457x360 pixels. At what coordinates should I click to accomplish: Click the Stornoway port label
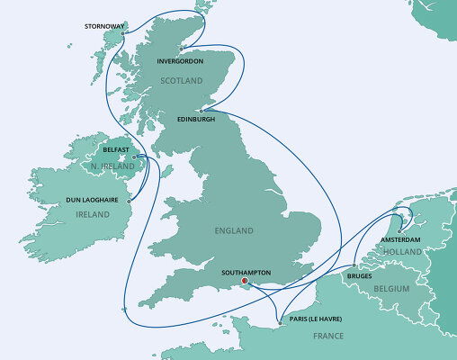pyautogui.click(x=103, y=26)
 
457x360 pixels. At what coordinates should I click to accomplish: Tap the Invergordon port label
pyautogui.click(x=180, y=62)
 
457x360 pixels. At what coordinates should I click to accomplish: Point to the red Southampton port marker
pyautogui.click(x=233, y=279)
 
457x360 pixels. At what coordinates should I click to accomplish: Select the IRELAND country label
pyautogui.click(x=93, y=214)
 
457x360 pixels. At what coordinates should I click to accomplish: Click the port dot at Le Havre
pyautogui.click(x=281, y=321)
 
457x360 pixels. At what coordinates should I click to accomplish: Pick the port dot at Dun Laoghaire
pyautogui.click(x=129, y=202)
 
